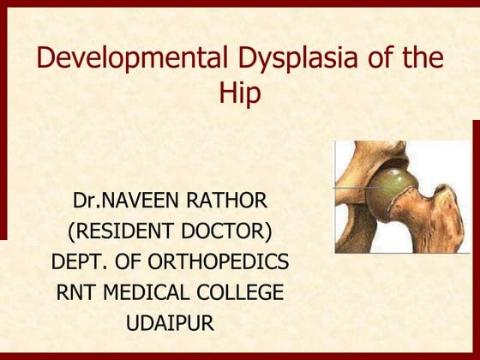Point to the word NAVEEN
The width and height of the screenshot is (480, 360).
click(139, 201)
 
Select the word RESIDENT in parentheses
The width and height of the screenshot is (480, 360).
click(122, 231)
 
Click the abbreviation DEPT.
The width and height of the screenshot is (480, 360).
click(81, 261)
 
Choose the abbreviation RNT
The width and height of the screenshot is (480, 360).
click(79, 291)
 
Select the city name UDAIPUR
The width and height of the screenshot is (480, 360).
click(170, 321)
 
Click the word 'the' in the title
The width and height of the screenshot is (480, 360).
click(426, 59)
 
